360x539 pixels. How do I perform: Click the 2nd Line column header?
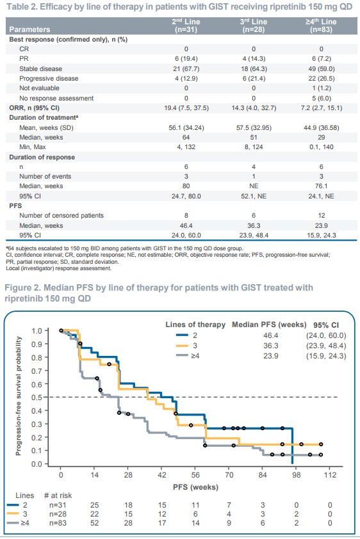[x=186, y=26]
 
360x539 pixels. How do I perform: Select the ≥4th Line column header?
[x=321, y=26]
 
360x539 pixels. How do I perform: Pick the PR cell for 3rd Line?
[x=254, y=59]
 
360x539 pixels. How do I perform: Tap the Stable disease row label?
[x=40, y=68]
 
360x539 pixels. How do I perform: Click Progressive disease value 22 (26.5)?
[x=322, y=78]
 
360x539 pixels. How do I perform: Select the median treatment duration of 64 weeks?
[x=186, y=137]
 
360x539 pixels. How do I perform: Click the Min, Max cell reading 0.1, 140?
[x=321, y=147]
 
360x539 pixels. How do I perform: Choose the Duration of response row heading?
[x=42, y=157]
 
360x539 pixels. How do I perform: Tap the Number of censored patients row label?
[x=61, y=216]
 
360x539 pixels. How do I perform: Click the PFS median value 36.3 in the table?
[x=254, y=225]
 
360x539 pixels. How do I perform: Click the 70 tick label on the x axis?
[x=229, y=475]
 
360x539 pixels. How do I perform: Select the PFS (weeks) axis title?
[x=195, y=487]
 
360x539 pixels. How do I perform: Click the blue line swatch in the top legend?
[x=182, y=335]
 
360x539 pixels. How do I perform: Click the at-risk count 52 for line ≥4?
[x=94, y=523]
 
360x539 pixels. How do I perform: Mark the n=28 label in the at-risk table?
[x=58, y=514]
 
